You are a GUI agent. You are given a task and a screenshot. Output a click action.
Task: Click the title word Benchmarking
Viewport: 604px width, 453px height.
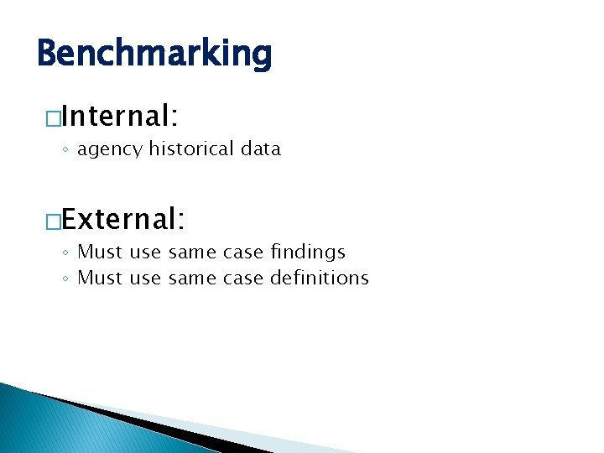155,53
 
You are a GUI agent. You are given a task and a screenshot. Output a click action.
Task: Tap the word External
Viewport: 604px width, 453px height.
124,219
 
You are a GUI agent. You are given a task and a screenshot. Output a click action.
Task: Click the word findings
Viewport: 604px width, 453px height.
308,252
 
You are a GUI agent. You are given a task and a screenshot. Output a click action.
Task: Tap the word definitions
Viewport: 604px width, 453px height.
319,278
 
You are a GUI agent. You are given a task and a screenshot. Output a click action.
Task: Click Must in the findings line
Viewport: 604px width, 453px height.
101,252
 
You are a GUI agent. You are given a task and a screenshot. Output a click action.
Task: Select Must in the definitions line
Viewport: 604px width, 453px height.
101,278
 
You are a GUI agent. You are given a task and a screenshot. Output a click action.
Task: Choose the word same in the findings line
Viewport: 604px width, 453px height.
191,253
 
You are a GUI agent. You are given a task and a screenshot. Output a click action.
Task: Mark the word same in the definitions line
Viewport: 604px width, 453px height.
191,279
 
